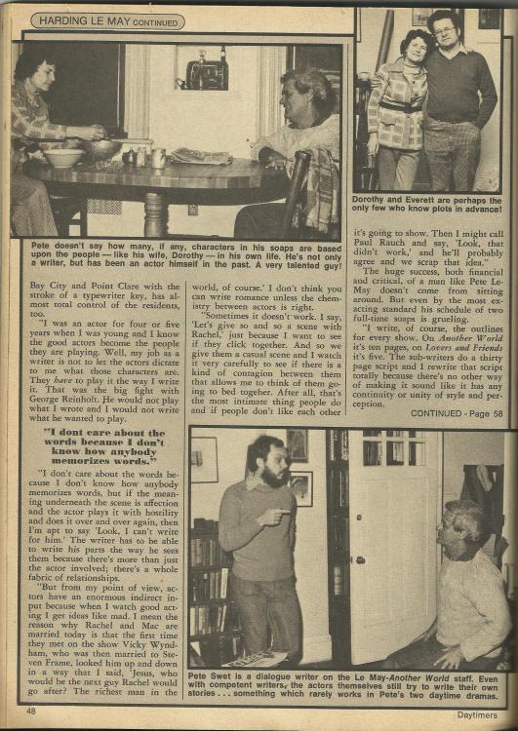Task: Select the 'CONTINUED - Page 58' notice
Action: click(458, 413)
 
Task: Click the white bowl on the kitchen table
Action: click(63, 157)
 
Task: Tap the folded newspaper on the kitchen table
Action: click(202, 156)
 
